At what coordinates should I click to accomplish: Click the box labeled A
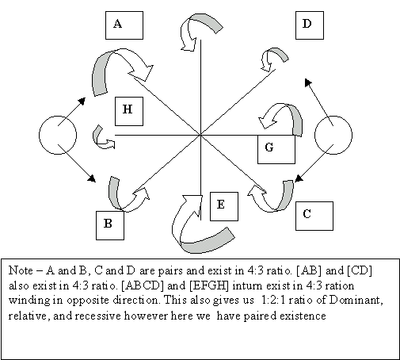click(124, 25)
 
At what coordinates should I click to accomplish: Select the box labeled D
click(310, 25)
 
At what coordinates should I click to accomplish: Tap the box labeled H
click(129, 111)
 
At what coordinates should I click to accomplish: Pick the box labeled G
click(276, 149)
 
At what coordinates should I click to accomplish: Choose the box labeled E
click(224, 206)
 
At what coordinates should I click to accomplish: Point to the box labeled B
click(110, 225)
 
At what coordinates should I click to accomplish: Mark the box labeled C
click(314, 216)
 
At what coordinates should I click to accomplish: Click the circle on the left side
click(58, 135)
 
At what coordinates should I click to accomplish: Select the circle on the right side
click(333, 135)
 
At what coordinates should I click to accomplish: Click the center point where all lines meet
click(200, 135)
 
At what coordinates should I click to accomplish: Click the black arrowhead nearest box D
click(308, 82)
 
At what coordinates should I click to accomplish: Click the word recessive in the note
click(99, 316)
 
